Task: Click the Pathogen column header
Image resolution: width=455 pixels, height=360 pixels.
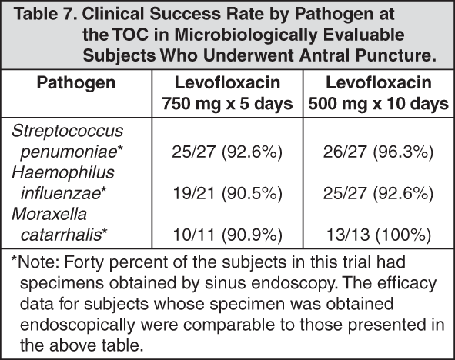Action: click(76, 84)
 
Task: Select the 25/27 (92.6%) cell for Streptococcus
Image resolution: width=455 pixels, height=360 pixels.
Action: click(227, 152)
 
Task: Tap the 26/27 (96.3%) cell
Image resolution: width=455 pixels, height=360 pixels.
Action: click(378, 152)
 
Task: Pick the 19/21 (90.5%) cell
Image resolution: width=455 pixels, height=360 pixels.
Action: click(228, 193)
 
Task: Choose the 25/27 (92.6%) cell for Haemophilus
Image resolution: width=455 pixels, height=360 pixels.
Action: click(378, 193)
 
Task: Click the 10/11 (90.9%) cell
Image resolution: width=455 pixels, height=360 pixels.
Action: click(228, 235)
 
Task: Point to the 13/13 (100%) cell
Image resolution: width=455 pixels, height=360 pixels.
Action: click(379, 235)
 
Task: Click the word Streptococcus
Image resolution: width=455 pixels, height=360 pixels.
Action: click(67, 131)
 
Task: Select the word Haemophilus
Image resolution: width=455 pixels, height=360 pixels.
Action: click(63, 173)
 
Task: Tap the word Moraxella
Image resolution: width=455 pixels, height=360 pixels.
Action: click(49, 214)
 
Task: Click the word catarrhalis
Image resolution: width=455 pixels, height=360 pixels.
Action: click(61, 235)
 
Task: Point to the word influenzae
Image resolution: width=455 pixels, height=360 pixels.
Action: click(60, 193)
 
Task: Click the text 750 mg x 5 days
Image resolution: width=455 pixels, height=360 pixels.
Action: click(227, 104)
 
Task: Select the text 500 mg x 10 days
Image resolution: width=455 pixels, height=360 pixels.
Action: click(378, 104)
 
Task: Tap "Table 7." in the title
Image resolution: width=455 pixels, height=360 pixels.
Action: click(45, 14)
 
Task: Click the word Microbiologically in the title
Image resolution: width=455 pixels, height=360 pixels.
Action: click(246, 35)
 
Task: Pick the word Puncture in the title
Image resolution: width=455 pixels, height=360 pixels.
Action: click(396, 55)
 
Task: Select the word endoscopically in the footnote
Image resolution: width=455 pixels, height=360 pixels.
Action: click(78, 325)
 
